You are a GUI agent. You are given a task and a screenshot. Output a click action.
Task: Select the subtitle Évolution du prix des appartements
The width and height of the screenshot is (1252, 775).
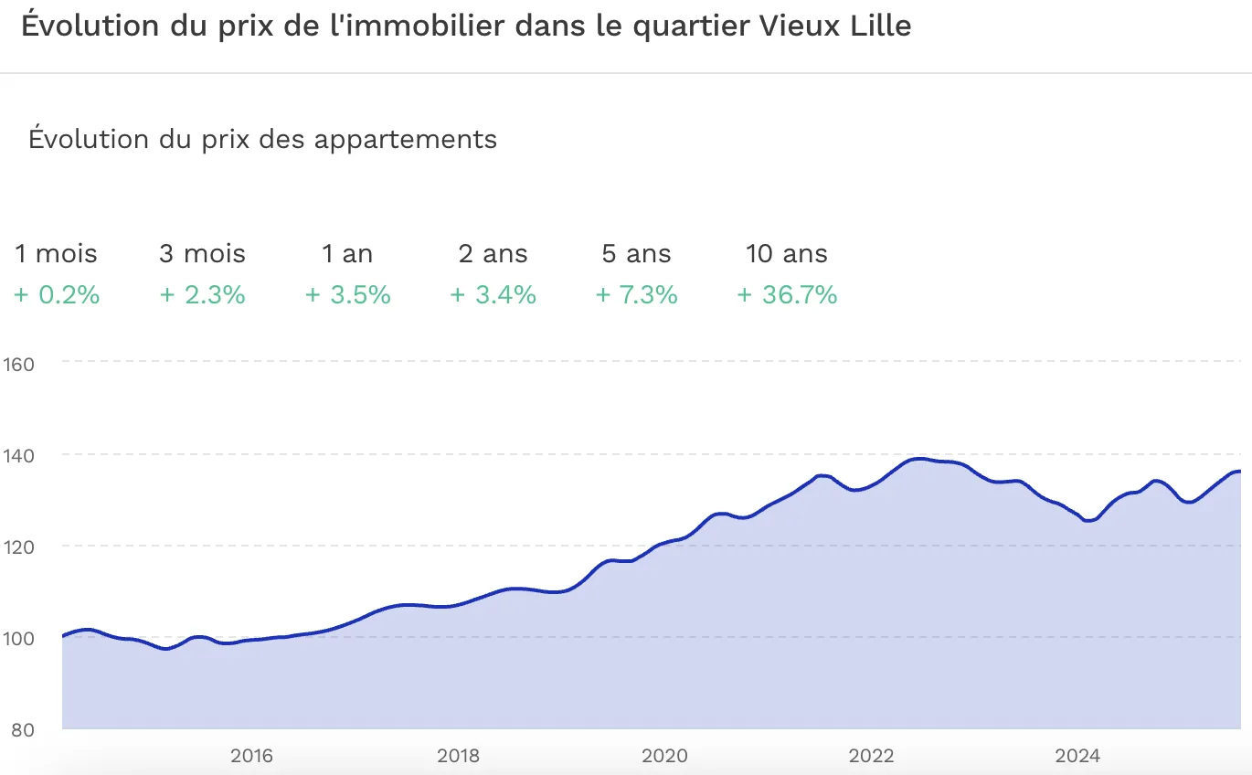click(262, 140)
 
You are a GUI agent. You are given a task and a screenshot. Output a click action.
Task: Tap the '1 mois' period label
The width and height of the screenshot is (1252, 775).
click(56, 254)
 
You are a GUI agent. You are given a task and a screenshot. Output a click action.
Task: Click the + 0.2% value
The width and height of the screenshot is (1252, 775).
click(57, 295)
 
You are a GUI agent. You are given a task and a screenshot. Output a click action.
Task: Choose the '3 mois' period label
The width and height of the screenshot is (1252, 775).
click(202, 254)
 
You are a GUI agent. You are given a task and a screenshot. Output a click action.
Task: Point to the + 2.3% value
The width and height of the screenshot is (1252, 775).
click(202, 295)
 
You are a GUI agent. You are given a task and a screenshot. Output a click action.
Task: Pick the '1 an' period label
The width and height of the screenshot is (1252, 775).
click(347, 254)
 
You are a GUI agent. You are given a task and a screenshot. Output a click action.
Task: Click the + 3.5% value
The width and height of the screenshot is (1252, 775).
click(347, 295)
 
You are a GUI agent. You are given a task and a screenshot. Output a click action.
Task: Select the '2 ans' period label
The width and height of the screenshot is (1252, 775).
click(493, 254)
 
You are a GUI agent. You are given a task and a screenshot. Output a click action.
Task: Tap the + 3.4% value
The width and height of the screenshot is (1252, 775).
click(493, 295)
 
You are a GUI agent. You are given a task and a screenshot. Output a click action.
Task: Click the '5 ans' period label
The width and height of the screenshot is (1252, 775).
click(636, 254)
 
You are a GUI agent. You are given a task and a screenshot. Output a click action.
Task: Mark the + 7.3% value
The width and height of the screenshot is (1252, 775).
click(636, 295)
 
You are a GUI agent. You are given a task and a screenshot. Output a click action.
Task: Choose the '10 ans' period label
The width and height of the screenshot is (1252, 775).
click(786, 254)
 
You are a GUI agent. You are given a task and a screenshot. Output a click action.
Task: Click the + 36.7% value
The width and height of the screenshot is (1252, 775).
click(787, 295)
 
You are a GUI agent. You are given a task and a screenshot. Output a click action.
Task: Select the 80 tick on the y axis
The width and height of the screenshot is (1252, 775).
click(22, 730)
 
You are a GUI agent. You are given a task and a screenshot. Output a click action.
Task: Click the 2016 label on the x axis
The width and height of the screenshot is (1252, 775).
click(251, 756)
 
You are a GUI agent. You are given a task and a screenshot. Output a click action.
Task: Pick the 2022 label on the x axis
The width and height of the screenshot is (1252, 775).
click(871, 756)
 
